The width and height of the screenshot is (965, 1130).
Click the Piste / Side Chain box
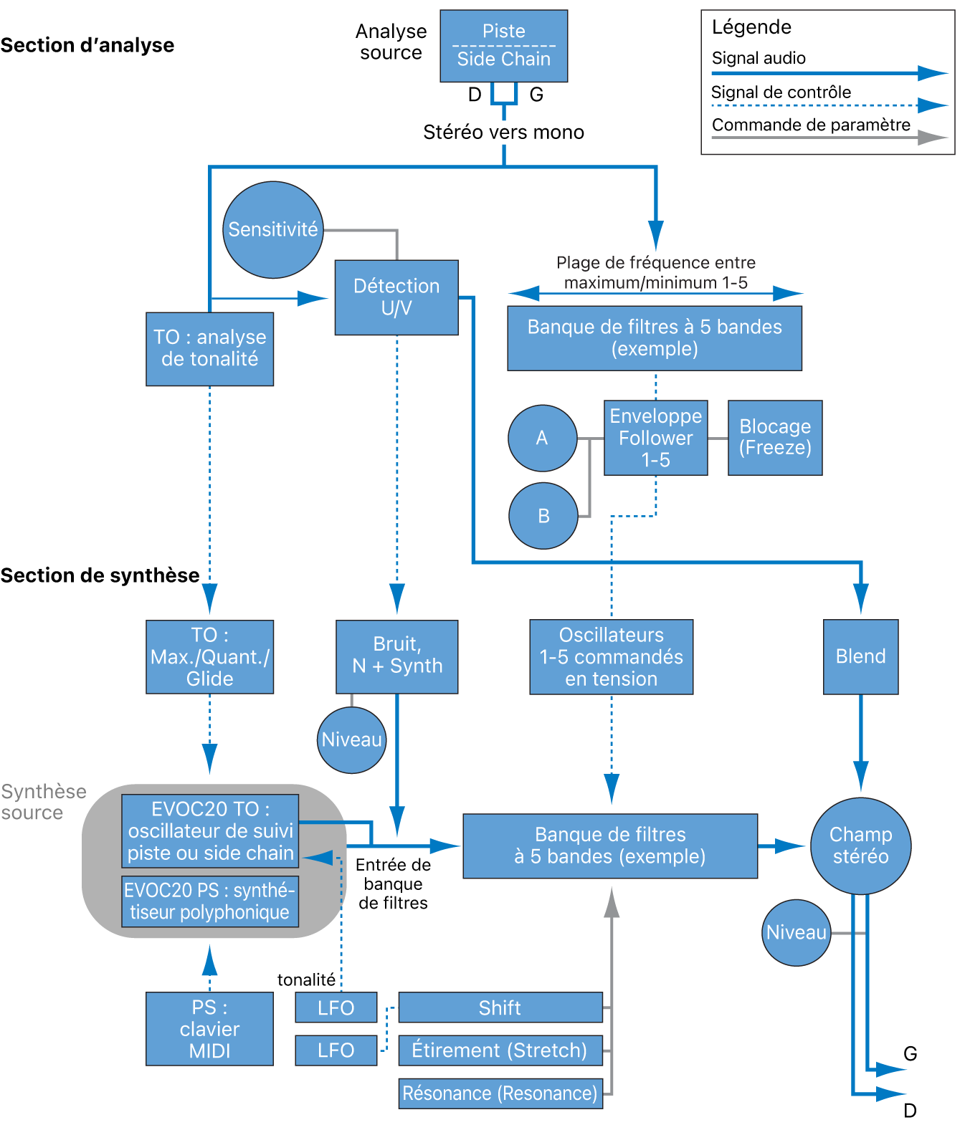[x=503, y=45]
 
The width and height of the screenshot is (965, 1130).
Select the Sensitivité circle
[x=272, y=229]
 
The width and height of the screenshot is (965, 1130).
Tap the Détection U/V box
[x=396, y=297]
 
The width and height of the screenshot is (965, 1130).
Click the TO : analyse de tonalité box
[x=209, y=349]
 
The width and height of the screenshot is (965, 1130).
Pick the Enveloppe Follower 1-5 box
[x=655, y=438]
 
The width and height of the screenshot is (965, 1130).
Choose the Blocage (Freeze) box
[x=775, y=438]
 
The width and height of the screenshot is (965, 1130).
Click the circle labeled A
[x=542, y=438]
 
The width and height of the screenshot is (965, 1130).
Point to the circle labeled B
[x=543, y=516]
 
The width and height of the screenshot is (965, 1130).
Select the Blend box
[x=860, y=656]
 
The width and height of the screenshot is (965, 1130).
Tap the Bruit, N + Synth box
[x=396, y=656]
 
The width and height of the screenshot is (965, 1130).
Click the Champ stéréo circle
[x=860, y=846]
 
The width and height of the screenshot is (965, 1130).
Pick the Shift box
[x=500, y=1007]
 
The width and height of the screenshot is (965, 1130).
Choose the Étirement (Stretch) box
[x=500, y=1050]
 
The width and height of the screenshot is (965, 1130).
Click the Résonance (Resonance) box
[x=500, y=1093]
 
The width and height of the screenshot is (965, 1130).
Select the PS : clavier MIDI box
[x=209, y=1029]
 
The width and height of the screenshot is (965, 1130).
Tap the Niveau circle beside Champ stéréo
[x=796, y=932]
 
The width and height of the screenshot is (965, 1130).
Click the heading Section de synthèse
[x=100, y=575]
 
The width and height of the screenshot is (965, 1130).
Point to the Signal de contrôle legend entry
[x=781, y=92]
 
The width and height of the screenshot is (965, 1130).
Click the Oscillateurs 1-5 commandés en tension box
[x=611, y=657]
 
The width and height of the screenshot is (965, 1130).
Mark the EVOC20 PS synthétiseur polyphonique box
[x=209, y=901]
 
